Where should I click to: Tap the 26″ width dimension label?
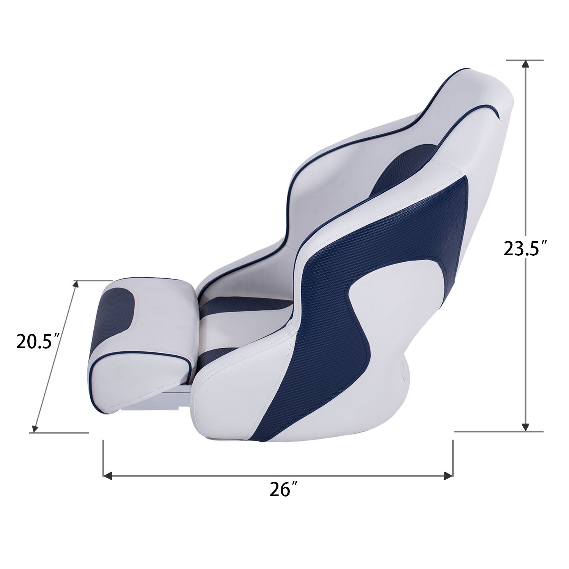coord(283,490)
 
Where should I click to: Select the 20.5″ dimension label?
coord(39,341)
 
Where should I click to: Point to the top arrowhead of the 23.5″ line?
coord(525,64)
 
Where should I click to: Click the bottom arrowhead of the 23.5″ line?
coord(525,427)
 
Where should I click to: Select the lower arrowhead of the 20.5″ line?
coord(34,428)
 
